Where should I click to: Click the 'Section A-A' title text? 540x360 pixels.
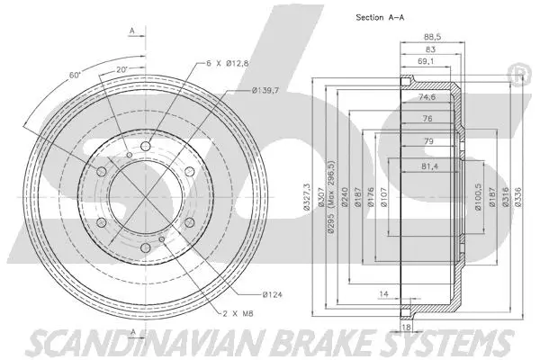391,18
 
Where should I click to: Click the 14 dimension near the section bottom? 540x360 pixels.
383,294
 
